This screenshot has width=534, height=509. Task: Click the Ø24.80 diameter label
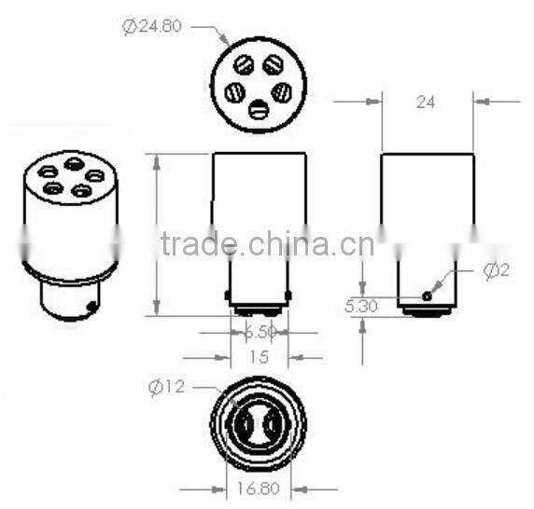click(x=152, y=27)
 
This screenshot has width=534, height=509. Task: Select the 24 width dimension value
click(x=425, y=103)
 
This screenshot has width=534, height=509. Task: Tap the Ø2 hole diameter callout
click(x=497, y=271)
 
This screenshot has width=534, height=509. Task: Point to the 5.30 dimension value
click(x=361, y=305)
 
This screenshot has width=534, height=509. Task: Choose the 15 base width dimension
click(x=259, y=357)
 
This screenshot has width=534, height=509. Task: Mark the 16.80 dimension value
click(x=259, y=488)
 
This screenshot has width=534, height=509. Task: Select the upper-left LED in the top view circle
click(x=244, y=66)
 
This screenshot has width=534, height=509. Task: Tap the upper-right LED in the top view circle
click(x=273, y=66)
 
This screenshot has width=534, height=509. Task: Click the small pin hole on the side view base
click(x=427, y=296)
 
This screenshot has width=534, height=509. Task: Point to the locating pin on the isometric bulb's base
click(x=90, y=304)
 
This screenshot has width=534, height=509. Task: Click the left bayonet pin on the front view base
click(x=229, y=296)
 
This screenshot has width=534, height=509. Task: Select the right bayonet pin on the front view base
click(x=288, y=296)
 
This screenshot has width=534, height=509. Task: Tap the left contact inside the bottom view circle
click(x=245, y=430)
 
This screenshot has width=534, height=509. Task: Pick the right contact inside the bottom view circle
click(x=273, y=430)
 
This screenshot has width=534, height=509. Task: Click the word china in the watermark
click(x=288, y=245)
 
